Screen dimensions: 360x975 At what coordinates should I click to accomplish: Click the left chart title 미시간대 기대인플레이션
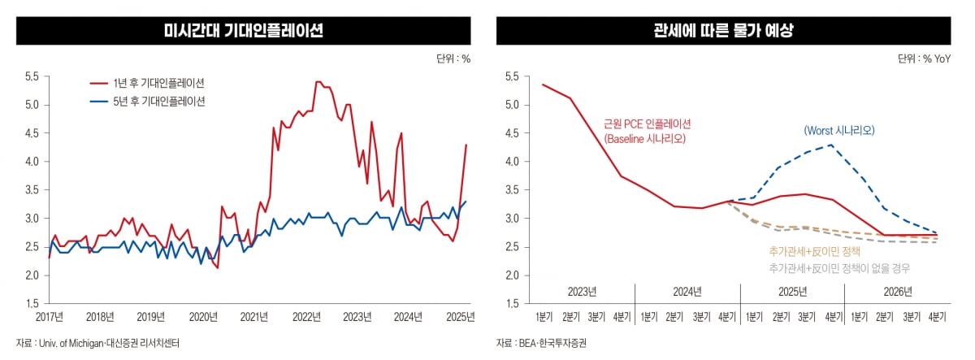pyautogui.click(x=243, y=32)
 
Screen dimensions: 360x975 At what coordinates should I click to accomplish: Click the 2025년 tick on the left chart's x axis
pyautogui.click(x=460, y=315)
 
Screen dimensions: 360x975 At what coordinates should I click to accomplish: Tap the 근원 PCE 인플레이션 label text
pyautogui.click(x=646, y=124)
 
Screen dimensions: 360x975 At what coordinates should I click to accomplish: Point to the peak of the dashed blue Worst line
pyautogui.click(x=830, y=145)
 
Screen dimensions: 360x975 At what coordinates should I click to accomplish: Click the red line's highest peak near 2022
pyautogui.click(x=318, y=82)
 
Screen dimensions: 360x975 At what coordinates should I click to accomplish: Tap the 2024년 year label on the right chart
pyautogui.click(x=687, y=291)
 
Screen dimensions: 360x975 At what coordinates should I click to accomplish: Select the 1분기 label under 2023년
pyautogui.click(x=543, y=315)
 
